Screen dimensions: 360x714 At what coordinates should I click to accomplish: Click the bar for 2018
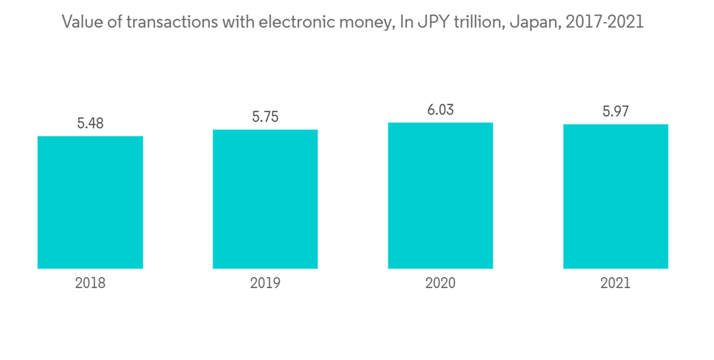(x=90, y=202)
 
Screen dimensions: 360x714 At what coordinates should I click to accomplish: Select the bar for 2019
(x=265, y=199)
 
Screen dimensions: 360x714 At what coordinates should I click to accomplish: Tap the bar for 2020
(x=441, y=196)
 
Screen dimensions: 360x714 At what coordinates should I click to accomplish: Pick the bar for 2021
(x=615, y=196)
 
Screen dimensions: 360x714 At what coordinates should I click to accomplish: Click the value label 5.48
(x=90, y=124)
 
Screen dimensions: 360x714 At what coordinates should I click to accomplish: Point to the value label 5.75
(x=265, y=117)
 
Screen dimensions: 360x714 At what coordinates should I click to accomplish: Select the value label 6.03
(x=441, y=111)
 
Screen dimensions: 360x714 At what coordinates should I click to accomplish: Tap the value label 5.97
(x=615, y=112)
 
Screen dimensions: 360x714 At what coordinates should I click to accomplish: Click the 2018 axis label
(x=90, y=283)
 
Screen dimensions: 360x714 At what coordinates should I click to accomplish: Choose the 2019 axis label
(x=265, y=283)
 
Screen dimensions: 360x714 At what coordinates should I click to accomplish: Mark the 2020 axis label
(x=441, y=283)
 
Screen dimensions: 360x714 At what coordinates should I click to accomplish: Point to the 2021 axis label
(x=615, y=283)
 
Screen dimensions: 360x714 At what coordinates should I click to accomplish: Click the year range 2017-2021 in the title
(x=603, y=22)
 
